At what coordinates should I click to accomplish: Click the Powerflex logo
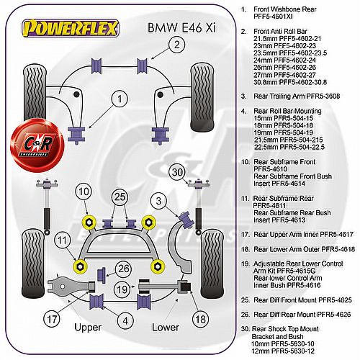click(71, 28)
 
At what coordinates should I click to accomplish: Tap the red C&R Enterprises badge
click(37, 145)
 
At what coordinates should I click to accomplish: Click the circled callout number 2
click(177, 45)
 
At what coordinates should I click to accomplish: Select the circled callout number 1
click(120, 99)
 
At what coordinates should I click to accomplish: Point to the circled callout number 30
click(178, 172)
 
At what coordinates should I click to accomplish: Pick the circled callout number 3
click(158, 201)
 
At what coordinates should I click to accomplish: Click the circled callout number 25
click(120, 197)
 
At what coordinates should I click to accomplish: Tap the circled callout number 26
click(124, 269)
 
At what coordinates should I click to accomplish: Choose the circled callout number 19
click(122, 289)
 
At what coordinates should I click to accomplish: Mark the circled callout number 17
click(52, 319)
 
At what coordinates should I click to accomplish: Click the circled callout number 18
click(201, 319)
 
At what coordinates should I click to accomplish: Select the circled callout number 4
click(125, 321)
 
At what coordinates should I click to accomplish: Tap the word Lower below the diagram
click(166, 328)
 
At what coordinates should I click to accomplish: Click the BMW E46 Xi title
click(181, 27)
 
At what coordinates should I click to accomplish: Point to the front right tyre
click(202, 97)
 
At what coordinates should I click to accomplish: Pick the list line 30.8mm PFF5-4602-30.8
click(290, 82)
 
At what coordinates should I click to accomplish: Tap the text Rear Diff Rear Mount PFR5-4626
click(302, 315)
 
